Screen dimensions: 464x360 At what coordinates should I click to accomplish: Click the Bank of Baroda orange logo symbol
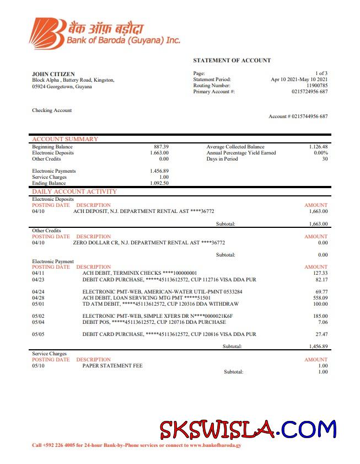46,33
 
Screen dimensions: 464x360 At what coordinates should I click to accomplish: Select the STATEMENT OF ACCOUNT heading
232,60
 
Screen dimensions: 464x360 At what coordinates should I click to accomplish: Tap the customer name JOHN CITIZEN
53,74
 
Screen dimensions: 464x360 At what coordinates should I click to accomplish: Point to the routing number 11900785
316,86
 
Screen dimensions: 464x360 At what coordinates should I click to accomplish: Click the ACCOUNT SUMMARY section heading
65,139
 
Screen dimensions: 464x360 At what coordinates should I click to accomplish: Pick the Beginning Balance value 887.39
161,147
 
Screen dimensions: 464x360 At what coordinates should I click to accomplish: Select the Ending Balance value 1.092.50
159,183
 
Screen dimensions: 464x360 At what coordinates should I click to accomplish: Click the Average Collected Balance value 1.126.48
318,147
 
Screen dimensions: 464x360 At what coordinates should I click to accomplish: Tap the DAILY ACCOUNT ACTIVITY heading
74,191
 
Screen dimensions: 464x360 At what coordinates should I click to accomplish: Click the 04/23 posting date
38,279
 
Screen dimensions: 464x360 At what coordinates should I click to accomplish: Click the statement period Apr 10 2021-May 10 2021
299,79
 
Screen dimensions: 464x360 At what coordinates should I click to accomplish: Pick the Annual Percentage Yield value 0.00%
320,153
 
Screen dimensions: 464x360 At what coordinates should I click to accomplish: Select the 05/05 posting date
38,334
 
